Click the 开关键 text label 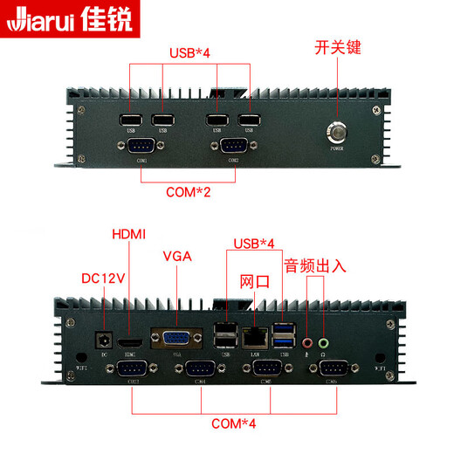click(337, 47)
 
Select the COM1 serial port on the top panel click(141, 146)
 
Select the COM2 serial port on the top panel click(233, 146)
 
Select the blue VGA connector click(177, 339)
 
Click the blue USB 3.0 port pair click(285, 334)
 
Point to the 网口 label click(255, 281)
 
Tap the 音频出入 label click(315, 265)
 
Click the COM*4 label click(234, 424)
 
